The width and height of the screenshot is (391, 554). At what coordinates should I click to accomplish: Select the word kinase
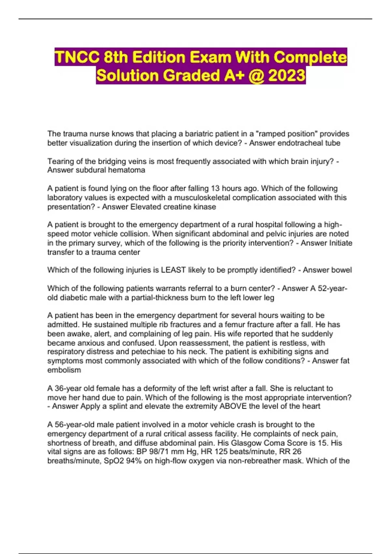point(204,207)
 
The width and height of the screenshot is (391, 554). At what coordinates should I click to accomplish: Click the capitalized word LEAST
point(173,270)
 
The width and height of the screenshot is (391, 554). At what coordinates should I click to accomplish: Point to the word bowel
point(341,270)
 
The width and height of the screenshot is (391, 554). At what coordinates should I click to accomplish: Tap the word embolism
point(64,370)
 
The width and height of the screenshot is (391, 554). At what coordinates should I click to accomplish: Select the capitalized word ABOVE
point(233,406)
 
